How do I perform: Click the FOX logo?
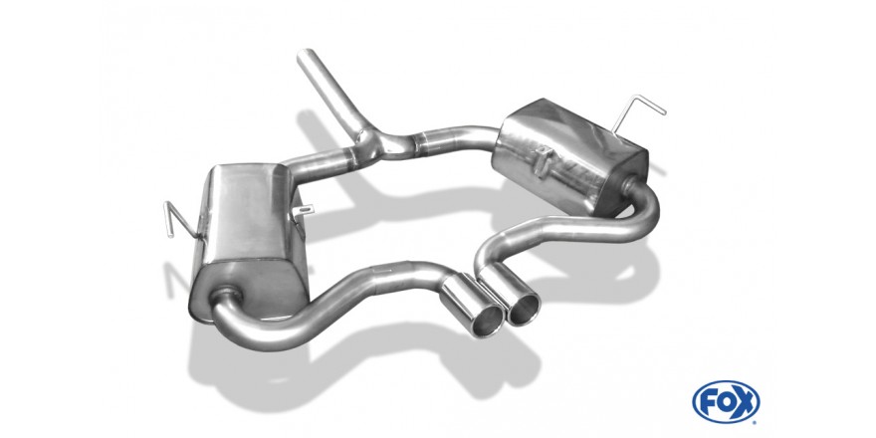[x=726, y=402]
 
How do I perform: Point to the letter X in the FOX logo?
[x=746, y=402]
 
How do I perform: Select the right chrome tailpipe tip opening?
[x=524, y=309]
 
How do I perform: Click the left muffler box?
[x=249, y=240]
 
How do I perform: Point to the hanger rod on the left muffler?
[x=180, y=219]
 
